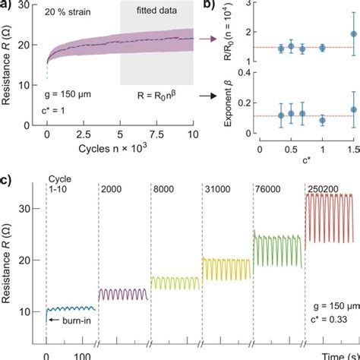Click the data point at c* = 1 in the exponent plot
[x=323, y=119]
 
